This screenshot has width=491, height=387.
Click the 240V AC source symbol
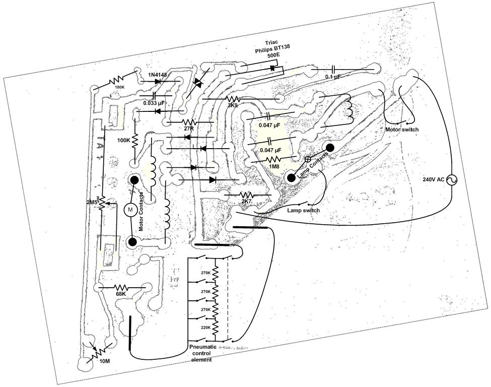tap(451, 180)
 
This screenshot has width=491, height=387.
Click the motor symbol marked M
tap(130, 210)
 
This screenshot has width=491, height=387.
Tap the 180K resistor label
tap(120, 87)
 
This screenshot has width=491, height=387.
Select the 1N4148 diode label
tap(157, 75)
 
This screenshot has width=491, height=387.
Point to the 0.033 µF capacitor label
tap(154, 102)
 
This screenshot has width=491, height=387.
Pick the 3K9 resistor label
tap(233, 106)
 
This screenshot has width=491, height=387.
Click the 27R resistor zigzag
tap(189, 122)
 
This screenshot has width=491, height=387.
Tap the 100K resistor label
tap(124, 141)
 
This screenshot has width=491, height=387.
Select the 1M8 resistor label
tap(274, 166)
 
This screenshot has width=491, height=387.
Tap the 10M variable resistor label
tap(105, 361)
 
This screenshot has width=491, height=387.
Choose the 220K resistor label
tap(206, 328)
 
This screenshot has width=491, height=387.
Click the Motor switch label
tap(402, 130)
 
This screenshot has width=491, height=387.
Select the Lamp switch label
tap(304, 210)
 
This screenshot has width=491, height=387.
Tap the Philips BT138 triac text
tap(273, 49)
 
